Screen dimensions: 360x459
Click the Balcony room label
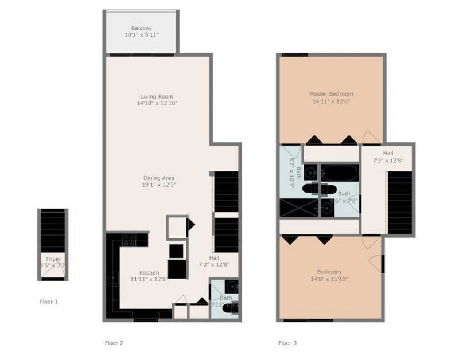pos(141,28)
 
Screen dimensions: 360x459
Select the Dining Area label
pos(159,178)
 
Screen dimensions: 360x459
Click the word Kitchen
pos(149,272)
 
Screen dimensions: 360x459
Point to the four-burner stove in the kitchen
pos(129,240)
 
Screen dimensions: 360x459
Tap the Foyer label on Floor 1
pos(53,259)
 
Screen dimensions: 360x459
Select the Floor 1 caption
pos(49,301)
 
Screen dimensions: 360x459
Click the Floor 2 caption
pos(114,343)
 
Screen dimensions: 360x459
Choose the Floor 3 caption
pos(287,343)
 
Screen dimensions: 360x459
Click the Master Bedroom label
pos(330,94)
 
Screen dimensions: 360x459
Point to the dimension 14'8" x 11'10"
pos(329,279)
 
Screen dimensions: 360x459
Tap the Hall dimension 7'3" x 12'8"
pos(388,161)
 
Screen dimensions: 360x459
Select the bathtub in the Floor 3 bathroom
pos(339,173)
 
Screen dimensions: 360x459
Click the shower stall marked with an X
pos(298,208)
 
